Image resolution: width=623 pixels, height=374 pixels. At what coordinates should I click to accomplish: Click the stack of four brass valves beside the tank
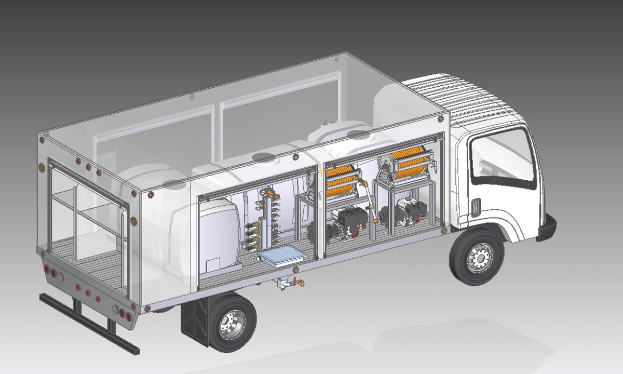click(x=253, y=234)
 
